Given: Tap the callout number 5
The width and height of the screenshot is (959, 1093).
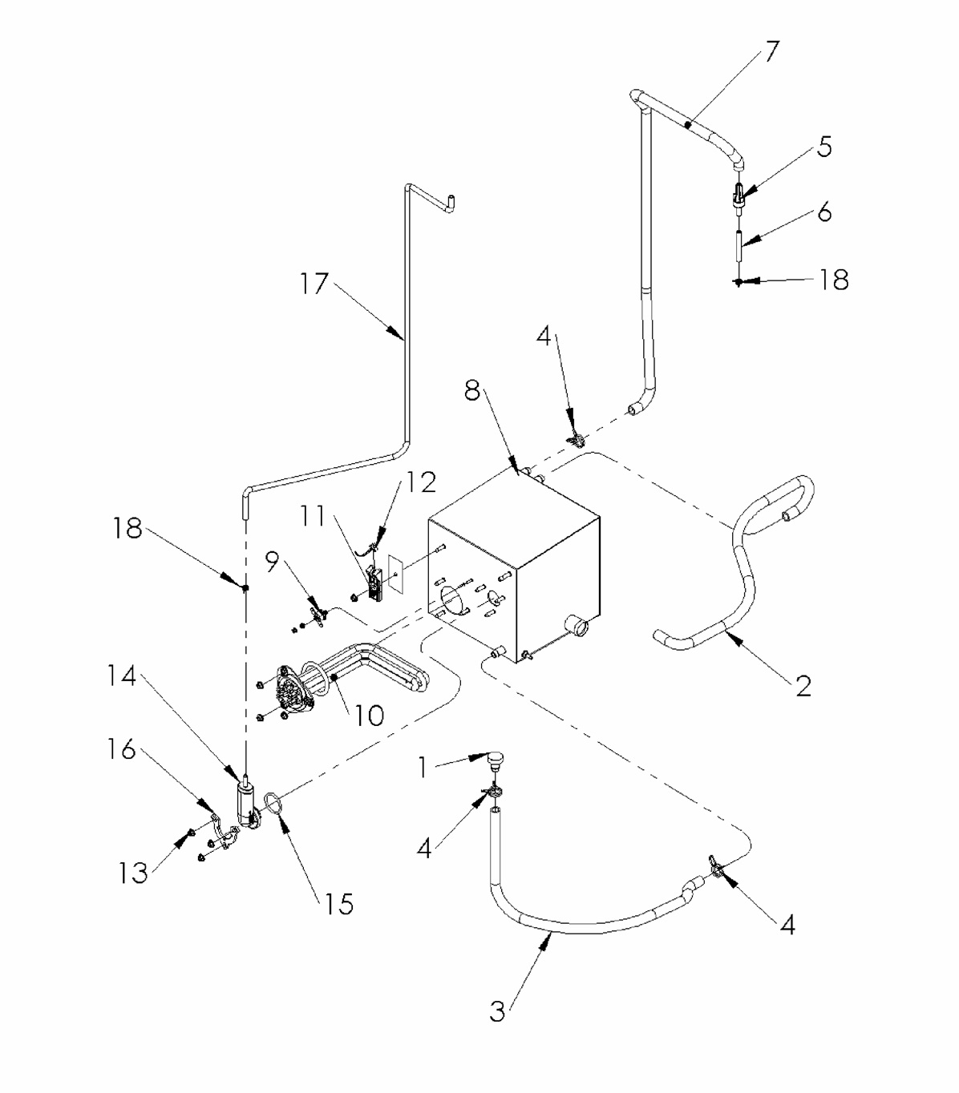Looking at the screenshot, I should pos(824,147).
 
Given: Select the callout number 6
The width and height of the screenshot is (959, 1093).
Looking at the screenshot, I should pos(824,212).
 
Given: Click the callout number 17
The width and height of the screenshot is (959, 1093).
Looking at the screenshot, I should pos(314,283).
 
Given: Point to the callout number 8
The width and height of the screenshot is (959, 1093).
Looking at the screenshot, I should pos(472,392).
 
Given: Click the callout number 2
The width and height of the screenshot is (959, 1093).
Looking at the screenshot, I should pos(803,685).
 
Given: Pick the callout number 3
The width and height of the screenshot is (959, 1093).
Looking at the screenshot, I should pos(498,1011).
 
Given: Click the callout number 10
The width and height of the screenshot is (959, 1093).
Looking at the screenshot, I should pos(370,715).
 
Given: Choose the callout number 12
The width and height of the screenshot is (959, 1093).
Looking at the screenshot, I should pos(422,482).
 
